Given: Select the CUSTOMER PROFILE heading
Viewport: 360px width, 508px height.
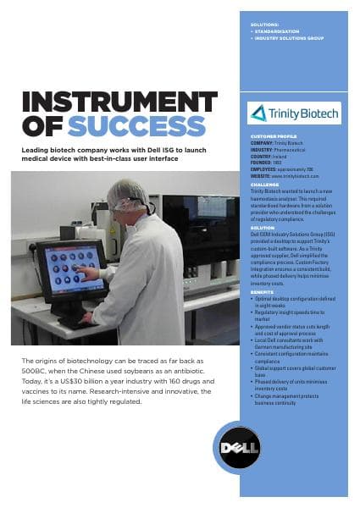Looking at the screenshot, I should coord(273,135).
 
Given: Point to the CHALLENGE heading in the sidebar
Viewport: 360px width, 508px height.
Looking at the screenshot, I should coord(264,184).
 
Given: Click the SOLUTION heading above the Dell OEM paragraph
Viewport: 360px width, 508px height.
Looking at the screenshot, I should coord(263,227).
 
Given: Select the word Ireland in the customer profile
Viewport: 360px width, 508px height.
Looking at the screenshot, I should coord(285,157).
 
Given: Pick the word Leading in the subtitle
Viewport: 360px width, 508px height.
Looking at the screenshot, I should coord(36,148).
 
